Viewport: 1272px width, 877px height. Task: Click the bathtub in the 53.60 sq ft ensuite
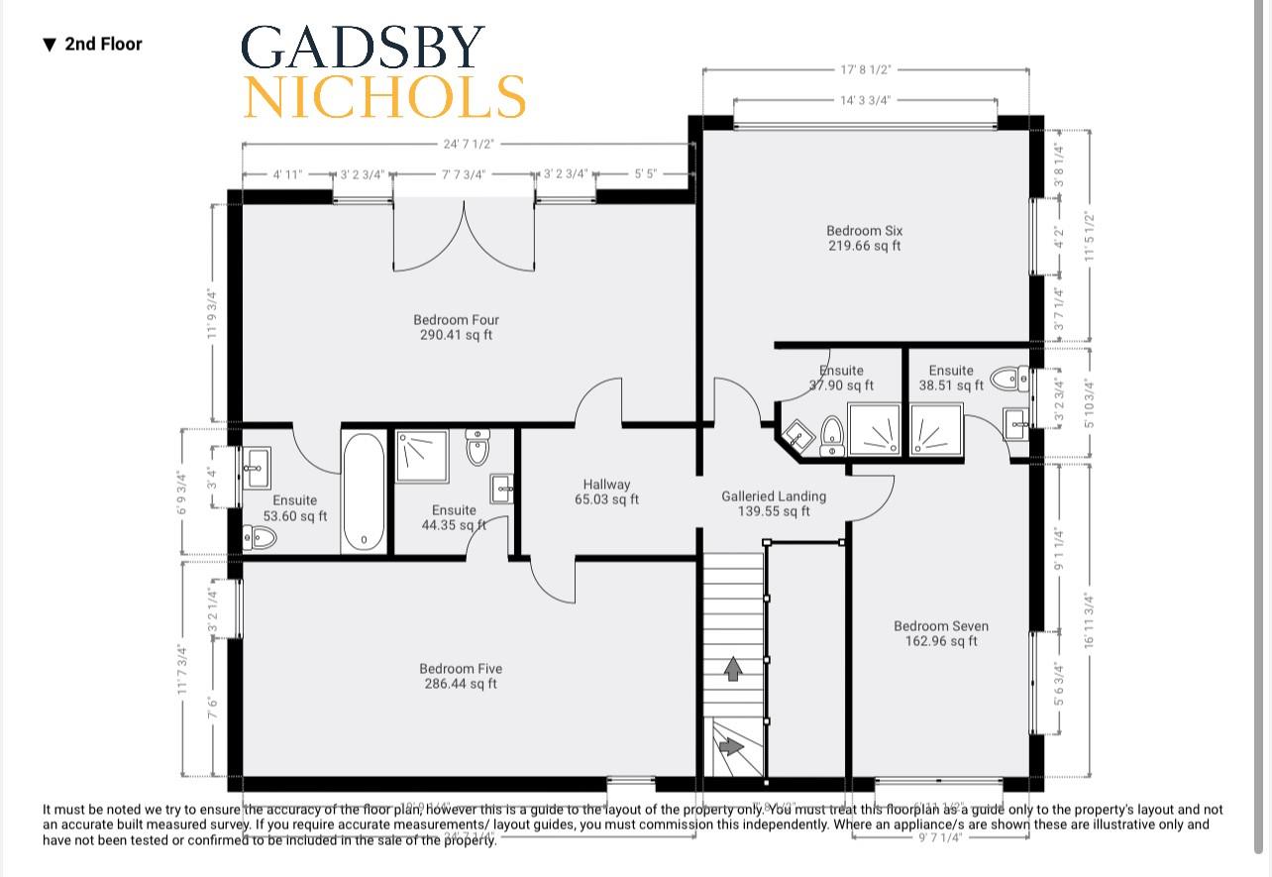(x=364, y=493)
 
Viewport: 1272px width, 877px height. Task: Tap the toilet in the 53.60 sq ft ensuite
(x=261, y=537)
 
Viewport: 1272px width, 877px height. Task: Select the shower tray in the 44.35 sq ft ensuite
(x=422, y=456)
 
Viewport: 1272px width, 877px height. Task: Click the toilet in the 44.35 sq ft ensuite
(x=477, y=447)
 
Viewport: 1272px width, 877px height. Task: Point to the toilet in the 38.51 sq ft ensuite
(x=1008, y=378)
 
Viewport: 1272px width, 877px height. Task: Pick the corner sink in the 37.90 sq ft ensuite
(x=796, y=435)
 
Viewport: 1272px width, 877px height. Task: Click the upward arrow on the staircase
(x=733, y=669)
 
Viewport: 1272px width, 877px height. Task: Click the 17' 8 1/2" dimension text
(x=865, y=69)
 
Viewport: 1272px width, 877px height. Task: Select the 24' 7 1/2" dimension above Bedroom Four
(x=468, y=144)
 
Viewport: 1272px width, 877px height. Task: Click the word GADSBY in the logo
(x=363, y=48)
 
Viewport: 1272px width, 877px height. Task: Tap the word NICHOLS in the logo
(x=384, y=96)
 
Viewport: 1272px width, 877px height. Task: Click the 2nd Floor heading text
(x=103, y=44)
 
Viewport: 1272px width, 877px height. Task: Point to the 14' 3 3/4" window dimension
(x=865, y=100)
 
